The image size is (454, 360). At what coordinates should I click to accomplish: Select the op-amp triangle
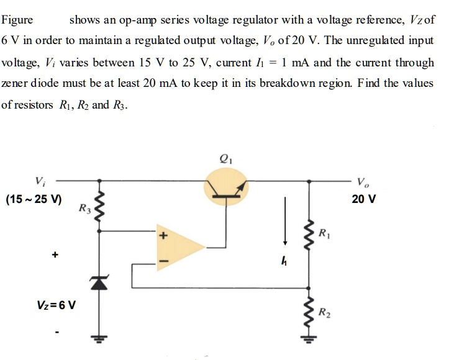(179, 247)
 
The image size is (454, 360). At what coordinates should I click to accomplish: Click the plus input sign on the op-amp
(165, 236)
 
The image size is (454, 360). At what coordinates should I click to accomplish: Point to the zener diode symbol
(97, 282)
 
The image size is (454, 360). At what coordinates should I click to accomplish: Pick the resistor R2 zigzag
(309, 314)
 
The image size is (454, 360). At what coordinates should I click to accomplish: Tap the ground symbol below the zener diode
(97, 340)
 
